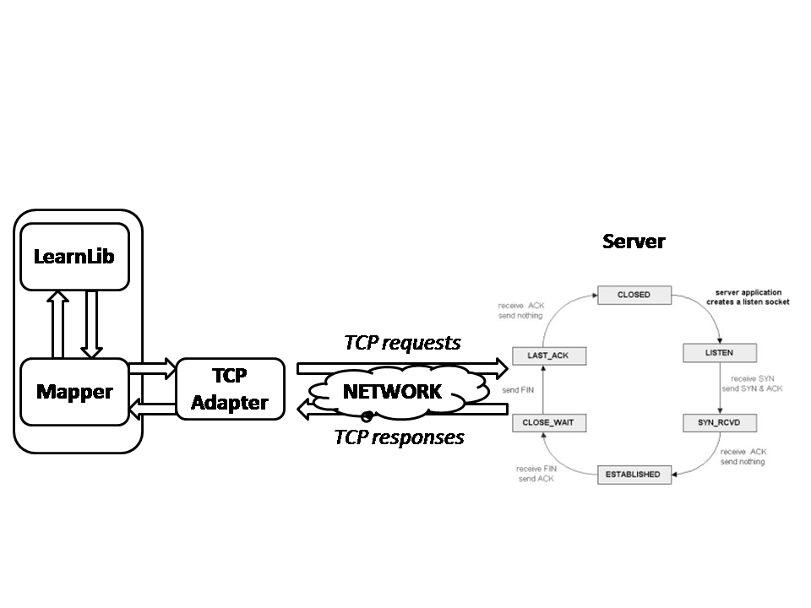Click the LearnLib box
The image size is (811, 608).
74,255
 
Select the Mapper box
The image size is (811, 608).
74,392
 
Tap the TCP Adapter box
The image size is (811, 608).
229,390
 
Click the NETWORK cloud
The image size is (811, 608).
392,392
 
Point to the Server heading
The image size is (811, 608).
634,242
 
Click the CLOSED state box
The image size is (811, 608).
634,295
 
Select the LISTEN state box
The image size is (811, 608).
719,351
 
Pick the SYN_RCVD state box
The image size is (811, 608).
719,420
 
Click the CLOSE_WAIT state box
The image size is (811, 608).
548,420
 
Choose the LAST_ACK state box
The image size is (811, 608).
548,356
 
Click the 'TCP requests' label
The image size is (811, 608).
402,342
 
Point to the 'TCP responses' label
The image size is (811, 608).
399,437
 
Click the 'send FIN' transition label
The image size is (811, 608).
516,391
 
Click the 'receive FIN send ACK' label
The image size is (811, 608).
536,474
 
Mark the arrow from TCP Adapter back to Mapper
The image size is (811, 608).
151,410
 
